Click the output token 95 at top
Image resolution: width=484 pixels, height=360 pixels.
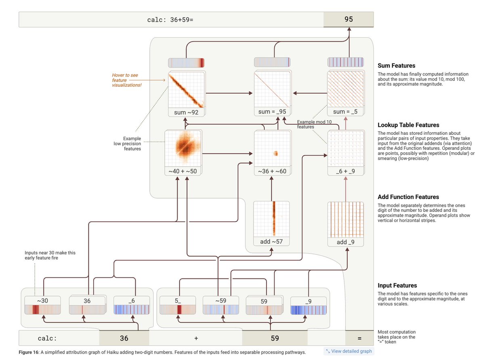pyautogui.click(x=348, y=19)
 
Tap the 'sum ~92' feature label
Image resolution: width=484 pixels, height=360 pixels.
pyautogui.click(x=186, y=112)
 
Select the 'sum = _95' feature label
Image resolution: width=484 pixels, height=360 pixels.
pyautogui.click(x=272, y=112)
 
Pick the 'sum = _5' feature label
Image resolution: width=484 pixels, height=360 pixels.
pyautogui.click(x=345, y=112)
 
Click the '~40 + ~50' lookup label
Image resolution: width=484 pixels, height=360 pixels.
pyautogui.click(x=182, y=171)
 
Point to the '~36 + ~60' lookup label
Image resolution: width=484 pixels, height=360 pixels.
pyautogui.click(x=272, y=171)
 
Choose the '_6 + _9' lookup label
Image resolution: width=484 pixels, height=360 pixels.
pyautogui.click(x=346, y=171)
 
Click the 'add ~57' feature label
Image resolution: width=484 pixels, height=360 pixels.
pyautogui.click(x=271, y=241)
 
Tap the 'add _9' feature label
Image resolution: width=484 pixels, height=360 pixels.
pyautogui.click(x=346, y=242)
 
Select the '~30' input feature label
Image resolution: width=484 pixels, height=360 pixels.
pyautogui.click(x=43, y=301)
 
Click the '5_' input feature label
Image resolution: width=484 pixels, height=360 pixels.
pyautogui.click(x=178, y=301)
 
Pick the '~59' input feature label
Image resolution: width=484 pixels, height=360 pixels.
pyautogui.click(x=221, y=301)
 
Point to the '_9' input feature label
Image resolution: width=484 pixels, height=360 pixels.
pyautogui.click(x=308, y=301)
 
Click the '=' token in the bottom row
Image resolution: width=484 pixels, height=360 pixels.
pyautogui.click(x=359, y=338)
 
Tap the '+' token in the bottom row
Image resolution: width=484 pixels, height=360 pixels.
pyautogui.click(x=196, y=338)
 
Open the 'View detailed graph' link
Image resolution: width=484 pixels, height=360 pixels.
pyautogui.click(x=349, y=351)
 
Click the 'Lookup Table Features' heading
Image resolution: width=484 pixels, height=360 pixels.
pyautogui.click(x=409, y=125)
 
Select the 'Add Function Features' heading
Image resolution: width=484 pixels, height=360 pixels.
pyautogui.click(x=409, y=197)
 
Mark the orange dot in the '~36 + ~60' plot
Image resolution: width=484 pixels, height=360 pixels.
pyautogui.click(x=276, y=153)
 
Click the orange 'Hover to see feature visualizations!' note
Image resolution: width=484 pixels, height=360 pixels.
pyautogui.click(x=127, y=80)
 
